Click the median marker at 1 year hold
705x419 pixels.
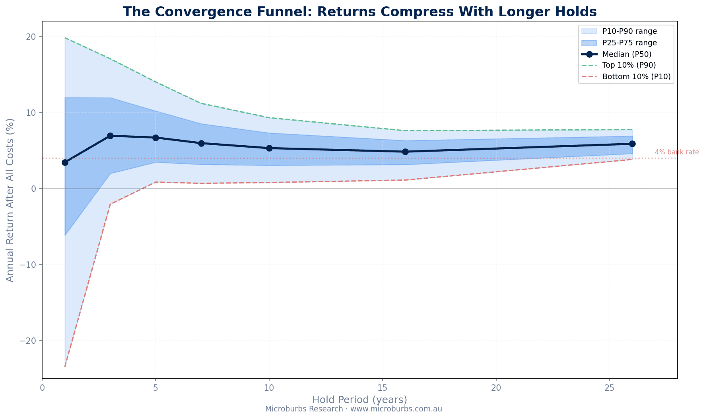click(x=65, y=162)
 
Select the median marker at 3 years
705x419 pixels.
click(x=110, y=136)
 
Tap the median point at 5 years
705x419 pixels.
click(x=155, y=138)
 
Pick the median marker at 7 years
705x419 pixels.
click(x=201, y=143)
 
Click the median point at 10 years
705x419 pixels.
click(x=269, y=148)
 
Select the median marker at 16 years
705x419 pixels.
click(x=405, y=152)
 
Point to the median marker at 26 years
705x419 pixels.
click(x=632, y=144)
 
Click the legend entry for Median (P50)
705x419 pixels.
click(x=627, y=54)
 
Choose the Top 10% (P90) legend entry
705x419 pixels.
click(x=629, y=65)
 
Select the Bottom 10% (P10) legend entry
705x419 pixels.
click(x=636, y=77)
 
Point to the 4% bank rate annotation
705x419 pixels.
click(x=677, y=152)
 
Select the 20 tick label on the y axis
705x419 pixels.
click(x=31, y=37)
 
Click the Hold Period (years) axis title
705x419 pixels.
click(x=359, y=400)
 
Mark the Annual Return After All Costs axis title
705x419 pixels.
click(x=10, y=200)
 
